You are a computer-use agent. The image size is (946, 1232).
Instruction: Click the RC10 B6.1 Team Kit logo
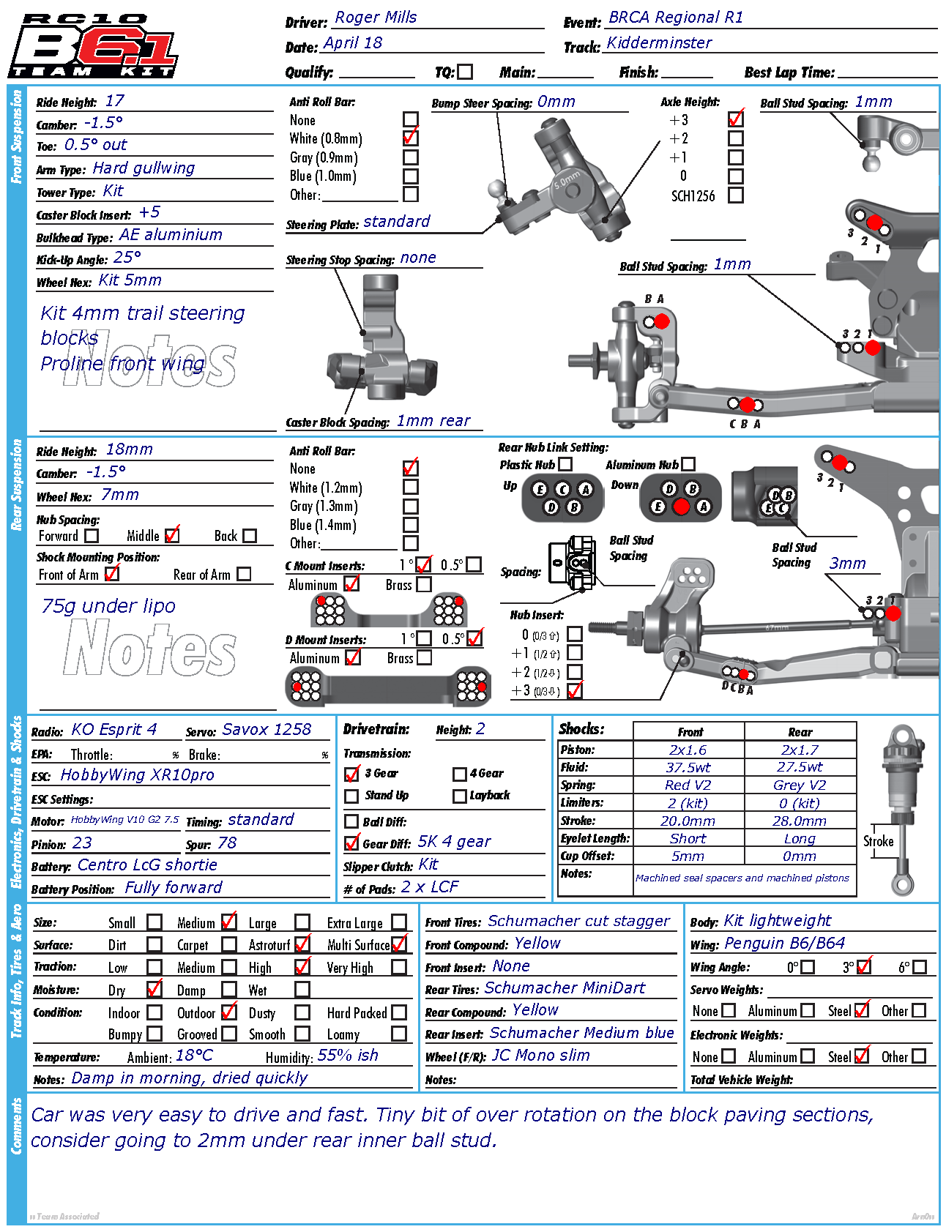(x=93, y=45)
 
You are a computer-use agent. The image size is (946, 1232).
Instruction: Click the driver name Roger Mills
(x=376, y=18)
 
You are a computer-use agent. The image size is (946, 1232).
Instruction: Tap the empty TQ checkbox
(x=465, y=72)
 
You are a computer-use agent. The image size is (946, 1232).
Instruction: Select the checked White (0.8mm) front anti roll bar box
(x=411, y=138)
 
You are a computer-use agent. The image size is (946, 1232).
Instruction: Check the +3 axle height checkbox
(x=736, y=119)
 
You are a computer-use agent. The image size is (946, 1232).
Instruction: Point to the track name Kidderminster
(x=659, y=43)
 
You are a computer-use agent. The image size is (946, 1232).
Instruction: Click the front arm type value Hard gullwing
(x=144, y=168)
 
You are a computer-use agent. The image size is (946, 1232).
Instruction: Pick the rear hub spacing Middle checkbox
(x=172, y=536)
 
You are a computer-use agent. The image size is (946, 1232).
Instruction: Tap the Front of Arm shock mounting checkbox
(x=112, y=575)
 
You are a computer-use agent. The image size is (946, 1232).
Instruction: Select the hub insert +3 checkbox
(x=575, y=690)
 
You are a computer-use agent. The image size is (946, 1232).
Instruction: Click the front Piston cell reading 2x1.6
(x=688, y=750)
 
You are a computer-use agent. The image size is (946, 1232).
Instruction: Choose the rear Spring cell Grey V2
(x=800, y=785)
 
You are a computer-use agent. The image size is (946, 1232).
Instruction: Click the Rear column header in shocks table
(x=800, y=732)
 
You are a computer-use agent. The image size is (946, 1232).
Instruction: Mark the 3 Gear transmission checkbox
(x=352, y=774)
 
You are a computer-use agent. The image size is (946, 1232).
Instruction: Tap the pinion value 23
(x=82, y=843)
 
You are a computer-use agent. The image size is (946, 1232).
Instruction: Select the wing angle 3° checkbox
(x=864, y=967)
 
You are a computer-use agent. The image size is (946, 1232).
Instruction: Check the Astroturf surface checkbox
(x=302, y=945)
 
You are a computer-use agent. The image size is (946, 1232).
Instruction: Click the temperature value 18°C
(x=194, y=1056)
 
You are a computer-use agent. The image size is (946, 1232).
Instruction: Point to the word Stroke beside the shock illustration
(x=878, y=841)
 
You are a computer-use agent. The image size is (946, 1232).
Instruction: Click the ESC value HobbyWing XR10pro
(x=137, y=775)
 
